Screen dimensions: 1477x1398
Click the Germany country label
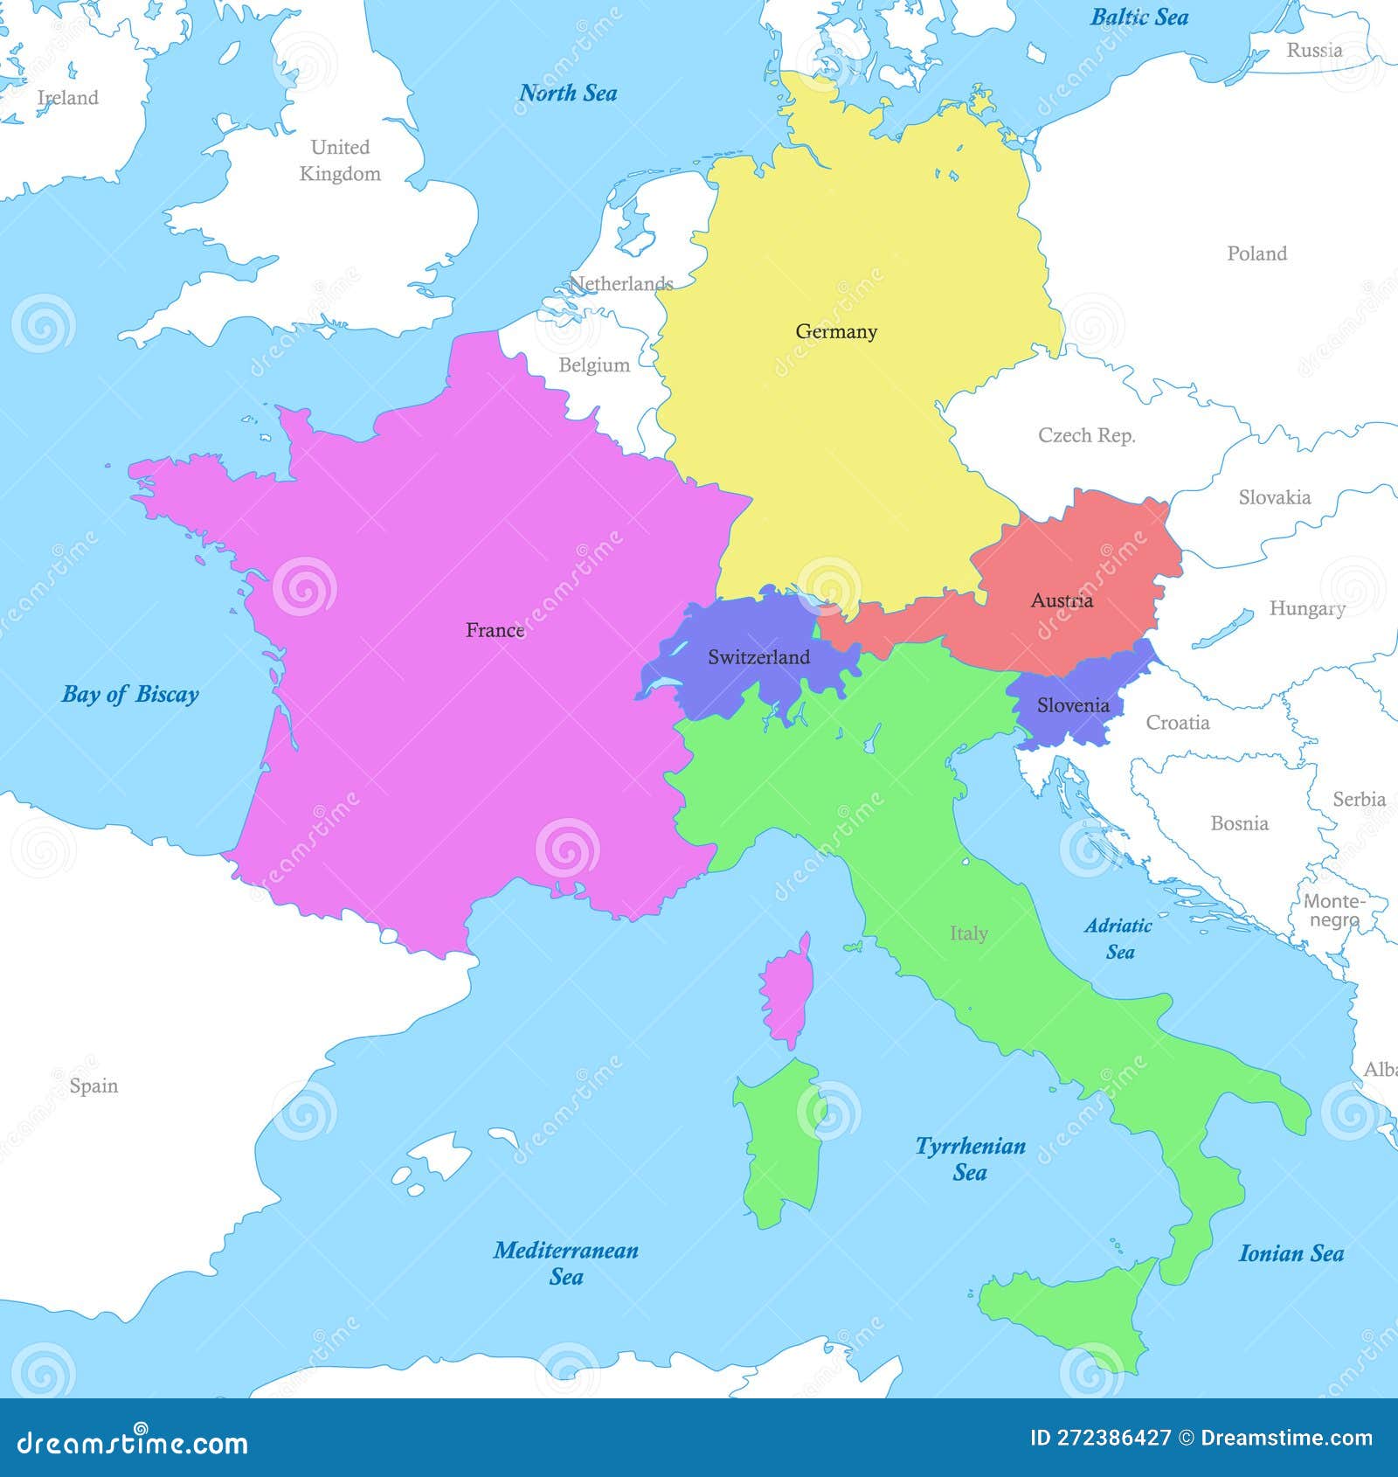pyautogui.click(x=836, y=332)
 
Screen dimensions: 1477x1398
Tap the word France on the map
pyautogui.click(x=495, y=630)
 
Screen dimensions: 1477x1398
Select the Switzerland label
pyautogui.click(x=758, y=657)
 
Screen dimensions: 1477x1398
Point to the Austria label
pyautogui.click(x=1062, y=600)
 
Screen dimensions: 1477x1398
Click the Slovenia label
pyautogui.click(x=1073, y=705)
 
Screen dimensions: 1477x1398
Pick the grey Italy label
pyautogui.click(x=968, y=933)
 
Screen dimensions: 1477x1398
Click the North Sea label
pyautogui.click(x=568, y=93)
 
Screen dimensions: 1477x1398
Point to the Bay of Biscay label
pyautogui.click(x=130, y=695)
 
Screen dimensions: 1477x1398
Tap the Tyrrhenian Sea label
pyautogui.click(x=970, y=1159)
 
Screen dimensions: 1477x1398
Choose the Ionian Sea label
pyautogui.click(x=1291, y=1254)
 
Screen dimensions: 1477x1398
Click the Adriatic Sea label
pyautogui.click(x=1118, y=939)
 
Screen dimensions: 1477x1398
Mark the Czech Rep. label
pyautogui.click(x=1086, y=435)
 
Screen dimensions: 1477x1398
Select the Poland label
pyautogui.click(x=1256, y=253)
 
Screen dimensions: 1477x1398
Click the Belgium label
pyautogui.click(x=594, y=365)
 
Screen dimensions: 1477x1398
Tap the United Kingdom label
pyautogui.click(x=340, y=160)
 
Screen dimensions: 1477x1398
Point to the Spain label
pyautogui.click(x=93, y=1086)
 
